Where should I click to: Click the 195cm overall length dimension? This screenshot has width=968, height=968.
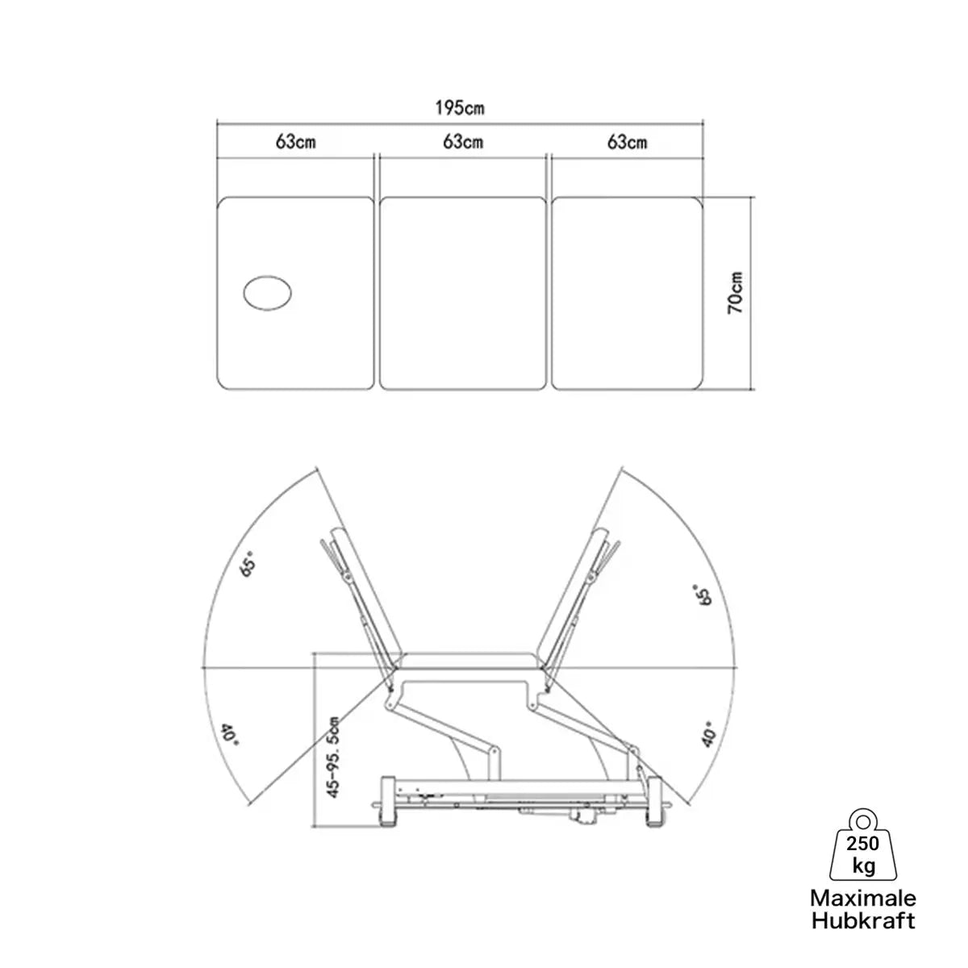[x=460, y=108]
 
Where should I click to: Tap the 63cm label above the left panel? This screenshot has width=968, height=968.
[x=296, y=142]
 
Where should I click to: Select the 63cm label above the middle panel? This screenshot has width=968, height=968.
[x=463, y=142]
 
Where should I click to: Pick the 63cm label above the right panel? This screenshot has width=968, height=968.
[x=628, y=143]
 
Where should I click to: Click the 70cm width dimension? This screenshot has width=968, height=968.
[x=736, y=293]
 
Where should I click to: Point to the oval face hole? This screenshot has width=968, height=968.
[x=268, y=293]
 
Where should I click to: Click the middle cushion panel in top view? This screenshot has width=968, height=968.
[x=463, y=294]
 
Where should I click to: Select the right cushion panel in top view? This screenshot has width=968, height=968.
[x=627, y=294]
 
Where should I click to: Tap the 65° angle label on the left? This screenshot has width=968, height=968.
[x=249, y=564]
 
